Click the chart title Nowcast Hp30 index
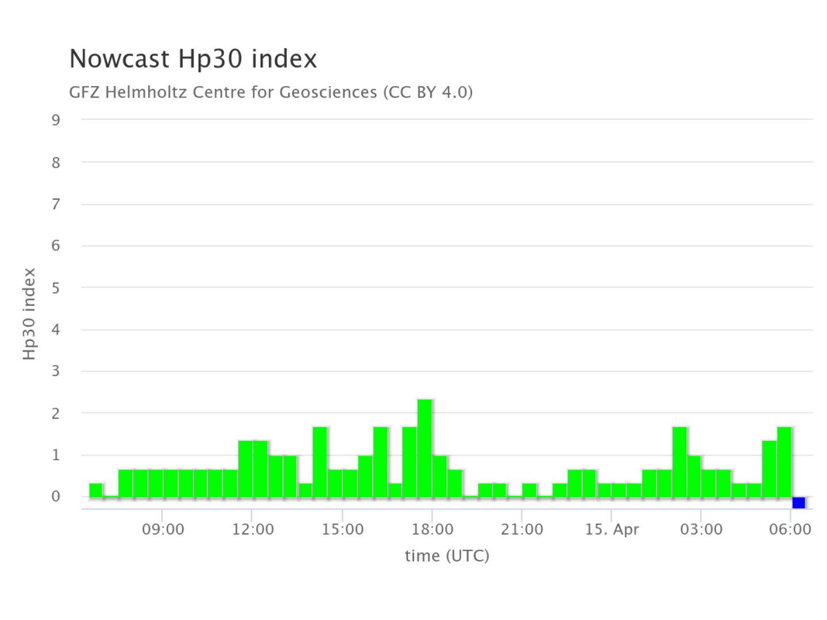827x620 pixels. pyautogui.click(x=193, y=59)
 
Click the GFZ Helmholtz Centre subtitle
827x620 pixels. pyautogui.click(x=270, y=92)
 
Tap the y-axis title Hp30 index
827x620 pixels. pyautogui.click(x=29, y=313)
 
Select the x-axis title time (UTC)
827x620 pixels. pyautogui.click(x=447, y=555)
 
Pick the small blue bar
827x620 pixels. pyautogui.click(x=798, y=503)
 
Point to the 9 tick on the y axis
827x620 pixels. pyautogui.click(x=56, y=120)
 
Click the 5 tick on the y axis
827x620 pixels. pyautogui.click(x=56, y=288)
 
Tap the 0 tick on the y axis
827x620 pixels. pyautogui.click(x=56, y=497)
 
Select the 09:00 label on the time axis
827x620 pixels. pyautogui.click(x=163, y=529)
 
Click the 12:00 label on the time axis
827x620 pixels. pyautogui.click(x=253, y=529)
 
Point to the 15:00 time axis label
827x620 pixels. pyautogui.click(x=342, y=529)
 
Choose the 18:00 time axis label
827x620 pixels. pyautogui.click(x=432, y=529)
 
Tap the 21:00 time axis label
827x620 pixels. pyautogui.click(x=522, y=529)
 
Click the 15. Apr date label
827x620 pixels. pyautogui.click(x=612, y=529)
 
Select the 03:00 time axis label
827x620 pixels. pyautogui.click(x=701, y=529)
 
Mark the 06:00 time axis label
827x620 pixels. pyautogui.click(x=790, y=529)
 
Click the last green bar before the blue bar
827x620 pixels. pyautogui.click(x=784, y=462)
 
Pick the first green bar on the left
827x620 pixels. pyautogui.click(x=96, y=490)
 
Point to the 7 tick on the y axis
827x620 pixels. pyautogui.click(x=56, y=204)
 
